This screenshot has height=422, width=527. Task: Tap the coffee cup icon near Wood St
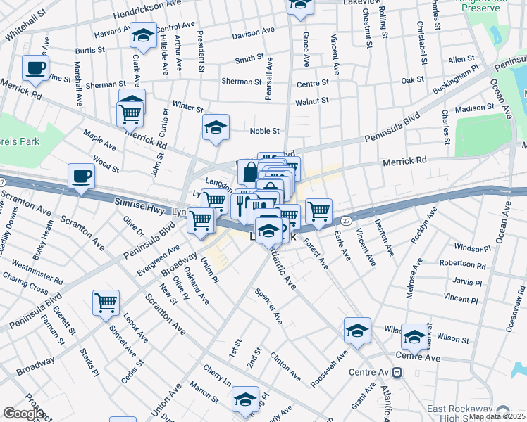pos(81,176)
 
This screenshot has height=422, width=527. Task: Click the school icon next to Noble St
pos(216,127)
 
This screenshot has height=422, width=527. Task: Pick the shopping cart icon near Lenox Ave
pos(106,302)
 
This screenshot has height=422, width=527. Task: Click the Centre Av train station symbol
pos(398,372)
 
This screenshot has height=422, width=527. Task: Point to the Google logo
pos(23,414)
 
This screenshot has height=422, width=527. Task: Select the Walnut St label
pos(312,101)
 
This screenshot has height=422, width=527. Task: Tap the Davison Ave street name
pos(253,33)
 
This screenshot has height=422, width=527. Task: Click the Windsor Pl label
pos(468,248)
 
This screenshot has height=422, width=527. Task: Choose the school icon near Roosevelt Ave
pos(357,331)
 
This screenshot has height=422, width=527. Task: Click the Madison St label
pos(475,108)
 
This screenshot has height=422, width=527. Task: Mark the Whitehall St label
pos(25,25)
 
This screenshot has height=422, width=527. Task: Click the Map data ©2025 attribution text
pos(496,416)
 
